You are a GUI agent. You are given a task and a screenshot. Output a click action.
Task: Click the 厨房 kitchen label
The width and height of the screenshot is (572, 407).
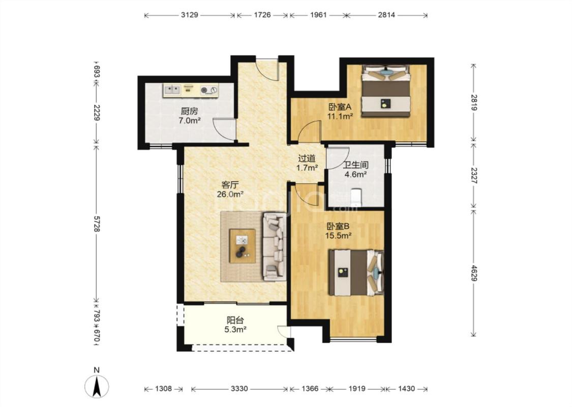(x=189, y=111)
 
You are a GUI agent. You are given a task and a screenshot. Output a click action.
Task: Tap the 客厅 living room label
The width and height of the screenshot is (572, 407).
(x=230, y=185)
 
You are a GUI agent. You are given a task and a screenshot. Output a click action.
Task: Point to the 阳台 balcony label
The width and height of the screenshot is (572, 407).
(x=235, y=321)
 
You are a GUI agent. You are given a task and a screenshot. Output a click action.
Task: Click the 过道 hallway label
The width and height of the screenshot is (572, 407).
(x=307, y=158)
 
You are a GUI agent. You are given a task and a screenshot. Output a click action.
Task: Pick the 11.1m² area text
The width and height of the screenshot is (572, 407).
(x=340, y=117)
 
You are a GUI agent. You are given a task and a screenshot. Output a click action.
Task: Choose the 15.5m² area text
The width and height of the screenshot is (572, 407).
(x=338, y=236)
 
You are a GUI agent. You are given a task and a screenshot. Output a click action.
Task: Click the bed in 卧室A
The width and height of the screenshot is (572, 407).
(x=386, y=91)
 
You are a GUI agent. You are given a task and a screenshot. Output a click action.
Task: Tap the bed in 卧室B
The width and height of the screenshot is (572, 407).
(x=356, y=272)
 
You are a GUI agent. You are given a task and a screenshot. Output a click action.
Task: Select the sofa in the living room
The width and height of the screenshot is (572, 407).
(x=275, y=247)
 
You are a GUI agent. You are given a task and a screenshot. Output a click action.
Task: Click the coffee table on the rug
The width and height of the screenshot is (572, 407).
(x=242, y=246)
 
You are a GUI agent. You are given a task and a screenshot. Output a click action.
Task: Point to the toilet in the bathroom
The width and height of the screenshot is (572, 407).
(x=356, y=197)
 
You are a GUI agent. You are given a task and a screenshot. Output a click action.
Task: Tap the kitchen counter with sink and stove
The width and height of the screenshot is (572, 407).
(x=191, y=90)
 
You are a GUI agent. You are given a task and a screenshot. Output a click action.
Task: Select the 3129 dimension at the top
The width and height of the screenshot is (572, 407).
(x=190, y=15)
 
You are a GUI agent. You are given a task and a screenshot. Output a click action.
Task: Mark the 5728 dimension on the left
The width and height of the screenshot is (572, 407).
(x=97, y=224)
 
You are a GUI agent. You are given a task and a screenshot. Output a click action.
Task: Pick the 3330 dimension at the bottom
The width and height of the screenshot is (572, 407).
(x=239, y=389)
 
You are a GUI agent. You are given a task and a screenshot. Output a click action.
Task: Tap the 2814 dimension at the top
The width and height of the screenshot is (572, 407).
(x=386, y=15)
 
